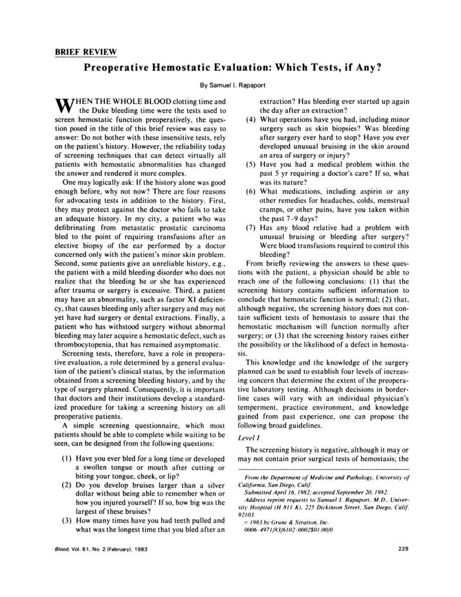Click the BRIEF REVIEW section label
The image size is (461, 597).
[x=85, y=52]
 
